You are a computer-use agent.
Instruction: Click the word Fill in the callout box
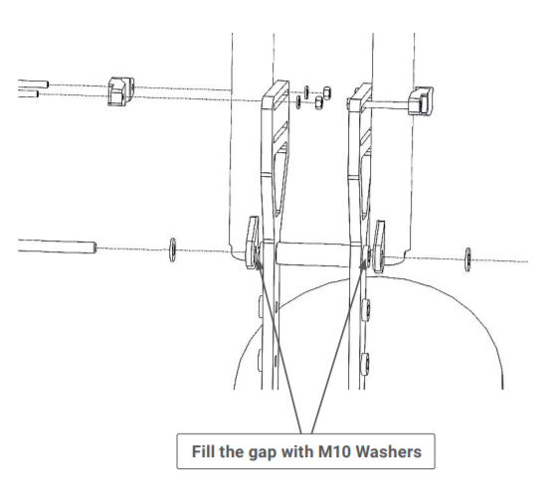coord(204,451)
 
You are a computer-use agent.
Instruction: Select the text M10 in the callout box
coord(334,451)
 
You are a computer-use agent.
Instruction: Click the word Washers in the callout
coord(389,451)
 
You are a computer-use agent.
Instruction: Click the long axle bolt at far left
coord(57,245)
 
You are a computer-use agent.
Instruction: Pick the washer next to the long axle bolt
coord(172,249)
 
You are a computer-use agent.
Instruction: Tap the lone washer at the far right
coord(467,259)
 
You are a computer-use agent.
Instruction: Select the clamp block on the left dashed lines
coord(121,91)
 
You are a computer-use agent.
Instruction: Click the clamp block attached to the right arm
coord(421,100)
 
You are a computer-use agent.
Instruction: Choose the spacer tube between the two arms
coord(312,253)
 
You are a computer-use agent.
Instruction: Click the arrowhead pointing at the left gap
coord(259,264)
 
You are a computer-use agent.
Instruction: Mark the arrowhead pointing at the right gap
coord(362,264)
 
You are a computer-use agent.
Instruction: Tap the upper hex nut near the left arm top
coord(327,93)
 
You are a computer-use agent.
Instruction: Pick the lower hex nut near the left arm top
coord(318,102)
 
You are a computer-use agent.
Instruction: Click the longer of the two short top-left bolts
coord(33,83)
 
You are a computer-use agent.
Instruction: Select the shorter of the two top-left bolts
coord(28,93)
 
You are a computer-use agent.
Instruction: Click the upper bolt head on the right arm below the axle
coord(365,309)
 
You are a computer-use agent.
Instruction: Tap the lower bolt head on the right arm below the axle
coord(365,364)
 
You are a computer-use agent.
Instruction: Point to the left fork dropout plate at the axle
coord(252,243)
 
